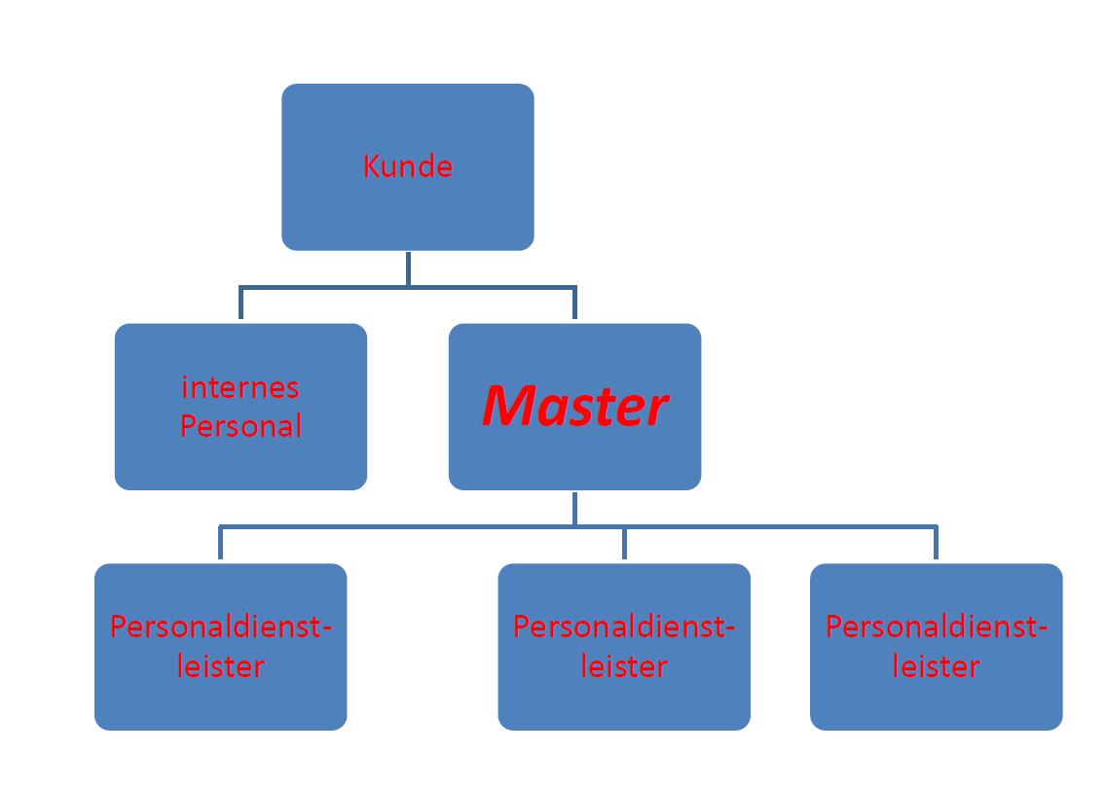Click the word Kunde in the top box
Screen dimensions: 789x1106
pyautogui.click(x=407, y=167)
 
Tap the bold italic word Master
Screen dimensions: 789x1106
pyautogui.click(x=574, y=407)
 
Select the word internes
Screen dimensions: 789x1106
pyautogui.click(x=240, y=387)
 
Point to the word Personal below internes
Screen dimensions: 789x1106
pyautogui.click(x=240, y=426)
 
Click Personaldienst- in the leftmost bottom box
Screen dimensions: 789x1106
pyautogui.click(x=221, y=627)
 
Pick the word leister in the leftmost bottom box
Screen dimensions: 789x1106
pyautogui.click(x=221, y=666)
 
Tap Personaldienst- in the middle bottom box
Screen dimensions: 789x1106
pyautogui.click(x=624, y=627)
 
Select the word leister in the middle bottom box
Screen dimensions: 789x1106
pyautogui.click(x=624, y=666)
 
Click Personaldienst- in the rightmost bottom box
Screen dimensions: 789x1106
pyautogui.click(x=937, y=627)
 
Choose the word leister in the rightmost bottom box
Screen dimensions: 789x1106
pyautogui.click(x=937, y=666)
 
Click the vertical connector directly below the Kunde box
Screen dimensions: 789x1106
pyautogui.click(x=408, y=268)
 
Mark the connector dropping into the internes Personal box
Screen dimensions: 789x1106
pyautogui.click(x=241, y=305)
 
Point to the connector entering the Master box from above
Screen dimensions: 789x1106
pyautogui.click(x=574, y=305)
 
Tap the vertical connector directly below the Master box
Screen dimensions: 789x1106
pyautogui.click(x=574, y=507)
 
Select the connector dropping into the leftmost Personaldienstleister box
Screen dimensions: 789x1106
pyautogui.click(x=221, y=545)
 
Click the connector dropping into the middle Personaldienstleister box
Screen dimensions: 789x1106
pyautogui.click(x=624, y=545)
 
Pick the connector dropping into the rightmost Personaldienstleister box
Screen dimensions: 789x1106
pyautogui.click(x=937, y=545)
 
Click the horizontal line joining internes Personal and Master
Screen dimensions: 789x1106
pyautogui.click(x=321, y=288)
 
